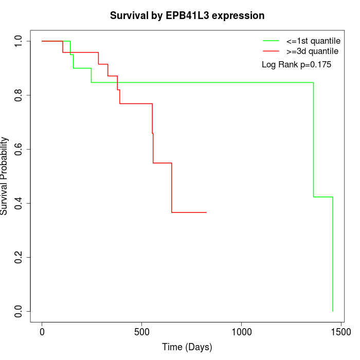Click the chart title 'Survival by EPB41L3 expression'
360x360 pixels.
pyautogui.click(x=187, y=16)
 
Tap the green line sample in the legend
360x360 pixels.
pyautogui.click(x=271, y=41)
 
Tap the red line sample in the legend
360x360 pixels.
pyautogui.click(x=271, y=51)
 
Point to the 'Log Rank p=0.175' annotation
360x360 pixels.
pyautogui.click(x=297, y=65)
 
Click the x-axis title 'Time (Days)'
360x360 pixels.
pyautogui.click(x=187, y=348)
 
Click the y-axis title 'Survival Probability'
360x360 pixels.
pyautogui.click(x=5, y=176)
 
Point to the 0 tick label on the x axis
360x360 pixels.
pyautogui.click(x=42, y=333)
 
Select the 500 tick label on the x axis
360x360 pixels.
pyautogui.click(x=142, y=333)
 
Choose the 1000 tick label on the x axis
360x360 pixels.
pyautogui.click(x=242, y=333)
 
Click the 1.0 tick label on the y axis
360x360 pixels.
pyautogui.click(x=19, y=41)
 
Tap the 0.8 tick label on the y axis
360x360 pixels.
pyautogui.click(x=19, y=95)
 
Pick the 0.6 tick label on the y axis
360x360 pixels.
pyautogui.click(x=19, y=149)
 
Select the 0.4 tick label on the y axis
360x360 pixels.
pyautogui.click(x=19, y=203)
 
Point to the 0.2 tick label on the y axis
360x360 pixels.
pyautogui.click(x=19, y=257)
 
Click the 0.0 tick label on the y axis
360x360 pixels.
pyautogui.click(x=19, y=311)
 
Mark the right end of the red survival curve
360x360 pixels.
pyautogui.click(x=206, y=212)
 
